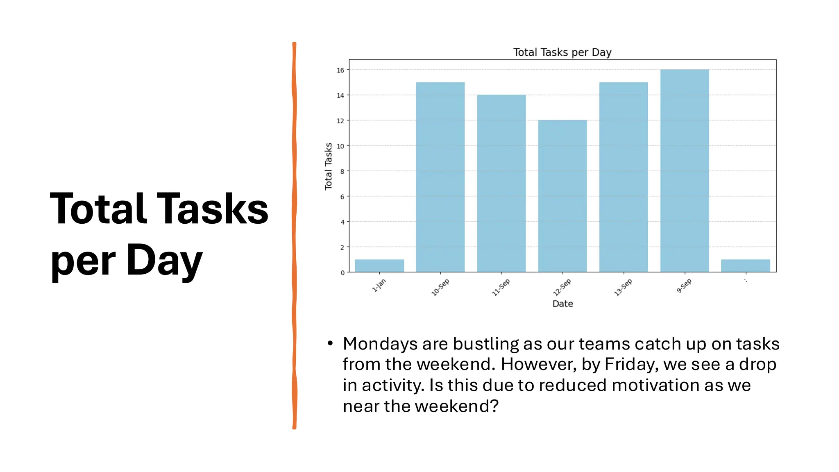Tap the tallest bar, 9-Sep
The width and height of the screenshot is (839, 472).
click(685, 170)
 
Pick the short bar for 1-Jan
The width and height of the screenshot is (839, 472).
click(379, 265)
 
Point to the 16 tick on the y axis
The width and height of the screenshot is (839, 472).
click(340, 70)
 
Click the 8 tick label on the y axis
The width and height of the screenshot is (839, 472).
click(342, 171)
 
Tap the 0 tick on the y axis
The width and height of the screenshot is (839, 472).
click(342, 272)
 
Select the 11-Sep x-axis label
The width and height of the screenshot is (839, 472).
click(501, 287)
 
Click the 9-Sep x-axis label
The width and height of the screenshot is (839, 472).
click(684, 286)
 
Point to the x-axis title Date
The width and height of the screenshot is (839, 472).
click(562, 304)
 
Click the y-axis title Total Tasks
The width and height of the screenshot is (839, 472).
click(328, 166)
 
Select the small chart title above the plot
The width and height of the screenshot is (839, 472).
click(562, 52)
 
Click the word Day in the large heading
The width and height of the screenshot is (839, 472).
click(164, 260)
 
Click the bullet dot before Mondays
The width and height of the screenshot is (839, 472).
click(330, 343)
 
